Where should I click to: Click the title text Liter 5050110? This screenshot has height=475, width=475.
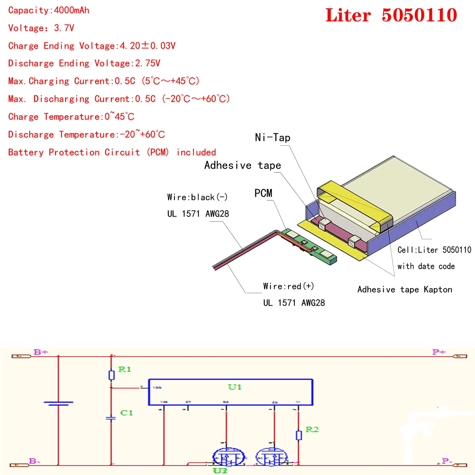(x=391, y=15)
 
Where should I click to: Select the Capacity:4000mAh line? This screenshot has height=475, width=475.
(x=49, y=10)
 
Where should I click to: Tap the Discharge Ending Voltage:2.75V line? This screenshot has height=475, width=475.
(x=84, y=63)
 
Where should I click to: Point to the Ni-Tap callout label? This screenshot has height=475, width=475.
(x=272, y=138)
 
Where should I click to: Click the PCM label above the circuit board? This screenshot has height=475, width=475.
(x=263, y=193)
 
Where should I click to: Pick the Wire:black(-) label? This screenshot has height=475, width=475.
(x=197, y=197)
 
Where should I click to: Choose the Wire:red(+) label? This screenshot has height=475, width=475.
(x=289, y=286)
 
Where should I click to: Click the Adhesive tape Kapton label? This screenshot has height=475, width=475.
(x=405, y=289)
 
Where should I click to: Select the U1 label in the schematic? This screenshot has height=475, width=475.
(x=234, y=387)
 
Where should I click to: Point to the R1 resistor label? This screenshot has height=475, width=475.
(x=124, y=369)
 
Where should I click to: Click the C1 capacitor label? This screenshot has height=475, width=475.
(x=126, y=413)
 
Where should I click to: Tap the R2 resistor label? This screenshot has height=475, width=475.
(x=312, y=429)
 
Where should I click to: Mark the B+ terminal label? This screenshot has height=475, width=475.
(x=41, y=352)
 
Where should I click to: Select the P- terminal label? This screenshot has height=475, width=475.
(x=447, y=461)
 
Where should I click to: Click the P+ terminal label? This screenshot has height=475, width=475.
(x=439, y=352)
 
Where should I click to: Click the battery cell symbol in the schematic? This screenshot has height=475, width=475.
(x=58, y=403)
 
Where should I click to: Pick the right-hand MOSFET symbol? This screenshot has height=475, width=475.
(x=272, y=457)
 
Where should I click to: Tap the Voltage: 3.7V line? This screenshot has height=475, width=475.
(x=41, y=28)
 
